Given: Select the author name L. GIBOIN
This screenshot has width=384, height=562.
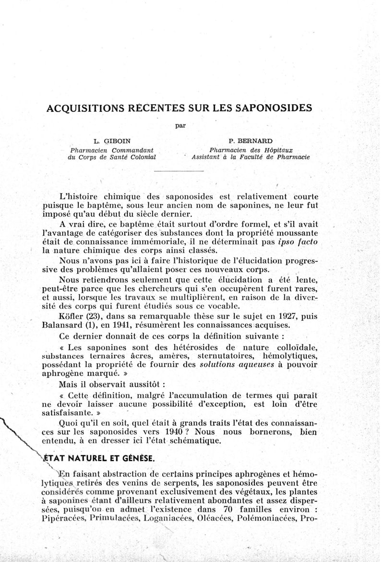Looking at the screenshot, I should pyautogui.click(x=112, y=141).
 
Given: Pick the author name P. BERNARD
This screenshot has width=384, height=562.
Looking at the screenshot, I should pyautogui.click(x=251, y=141).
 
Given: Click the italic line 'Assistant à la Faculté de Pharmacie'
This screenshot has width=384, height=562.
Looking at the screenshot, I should pyautogui.click(x=250, y=157).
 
